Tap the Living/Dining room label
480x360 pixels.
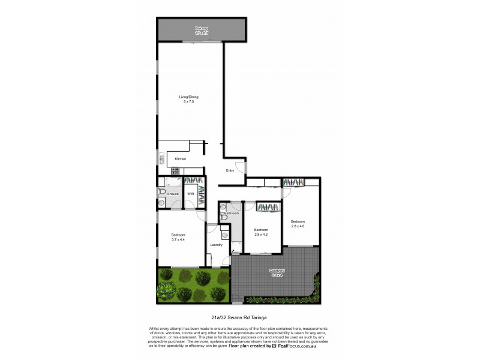click(188, 97)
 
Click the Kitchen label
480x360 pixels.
click(181, 159)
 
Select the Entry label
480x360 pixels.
click(230, 171)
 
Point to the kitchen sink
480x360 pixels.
click(161, 158)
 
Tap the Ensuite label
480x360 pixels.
click(173, 194)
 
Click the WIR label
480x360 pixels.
click(190, 194)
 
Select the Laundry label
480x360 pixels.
click(217, 244)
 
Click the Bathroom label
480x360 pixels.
click(232, 214)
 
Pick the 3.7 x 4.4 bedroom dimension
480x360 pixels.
click(178, 239)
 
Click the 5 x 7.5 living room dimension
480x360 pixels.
click(188, 102)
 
